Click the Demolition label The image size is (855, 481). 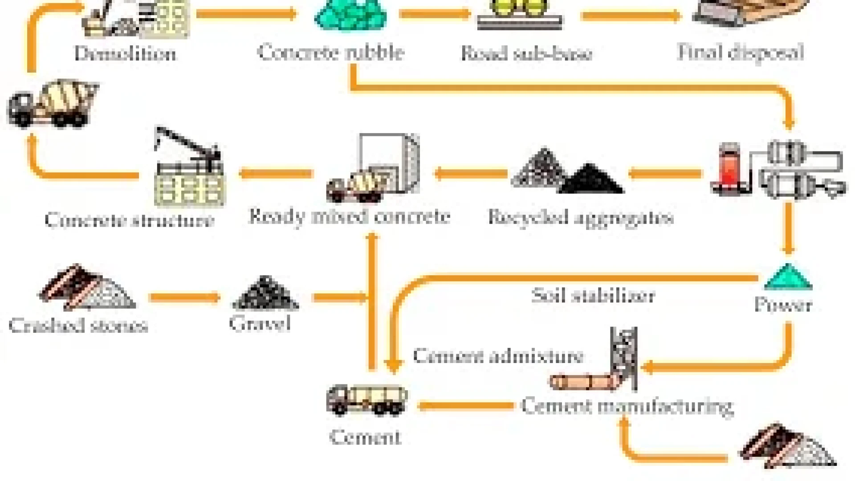[125, 54]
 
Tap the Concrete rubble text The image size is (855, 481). [330, 53]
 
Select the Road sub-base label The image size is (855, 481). [526, 54]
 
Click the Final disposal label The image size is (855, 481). [740, 53]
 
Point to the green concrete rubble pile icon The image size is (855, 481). [350, 16]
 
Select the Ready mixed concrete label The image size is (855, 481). [349, 217]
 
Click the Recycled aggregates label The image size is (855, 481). [580, 218]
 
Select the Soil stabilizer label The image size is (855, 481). [593, 296]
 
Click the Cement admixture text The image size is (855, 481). [497, 356]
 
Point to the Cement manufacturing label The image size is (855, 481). [627, 406]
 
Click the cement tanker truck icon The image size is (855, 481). [366, 399]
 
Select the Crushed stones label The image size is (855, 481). [78, 326]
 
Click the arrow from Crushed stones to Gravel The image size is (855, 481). [185, 297]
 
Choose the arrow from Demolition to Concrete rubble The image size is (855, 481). [246, 14]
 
